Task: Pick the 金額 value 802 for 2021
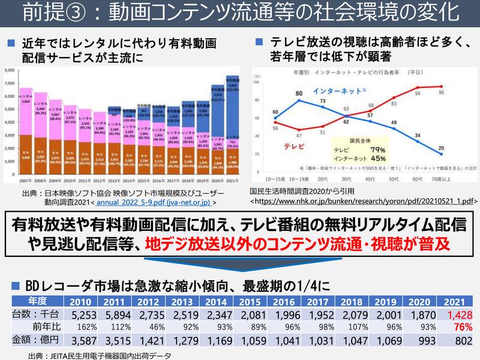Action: pos(463,341)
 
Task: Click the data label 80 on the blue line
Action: pos(299,94)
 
